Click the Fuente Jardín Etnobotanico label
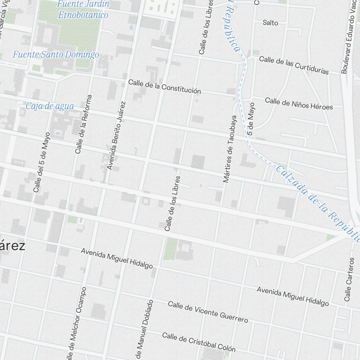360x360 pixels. (x=83, y=10)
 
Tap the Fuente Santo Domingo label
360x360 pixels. (x=56, y=55)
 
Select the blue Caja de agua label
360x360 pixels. (x=50, y=106)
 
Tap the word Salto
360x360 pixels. (x=270, y=23)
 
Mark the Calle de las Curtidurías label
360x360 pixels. (x=294, y=65)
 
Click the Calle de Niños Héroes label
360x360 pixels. (x=299, y=103)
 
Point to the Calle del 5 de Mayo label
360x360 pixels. (x=41, y=162)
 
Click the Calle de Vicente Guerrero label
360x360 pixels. (x=208, y=312)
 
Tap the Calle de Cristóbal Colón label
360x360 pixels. (x=199, y=342)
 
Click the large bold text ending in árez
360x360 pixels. (x=13, y=247)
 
